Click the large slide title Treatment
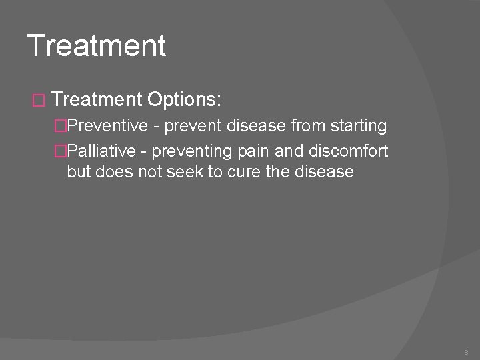point(97,45)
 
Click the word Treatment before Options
point(97,100)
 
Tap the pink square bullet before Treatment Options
point(37,101)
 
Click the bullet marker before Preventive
point(61,126)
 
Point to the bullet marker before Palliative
point(61,151)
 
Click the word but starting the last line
point(79,171)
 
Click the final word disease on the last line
point(322,171)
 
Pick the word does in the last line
point(113,171)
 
